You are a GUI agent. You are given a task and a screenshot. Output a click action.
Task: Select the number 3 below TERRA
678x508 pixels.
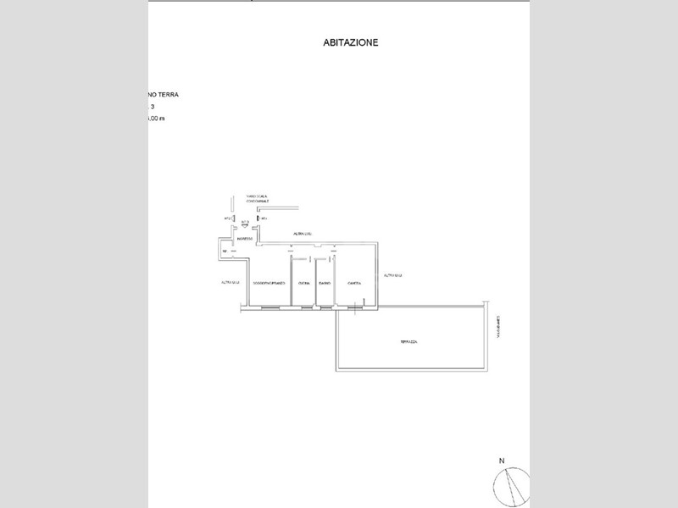tap(153, 108)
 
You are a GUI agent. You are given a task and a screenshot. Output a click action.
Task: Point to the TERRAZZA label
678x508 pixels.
tap(409, 341)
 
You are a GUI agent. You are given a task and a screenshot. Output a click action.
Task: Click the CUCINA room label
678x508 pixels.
tap(303, 283)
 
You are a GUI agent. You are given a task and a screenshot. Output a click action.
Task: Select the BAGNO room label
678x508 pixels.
tap(324, 283)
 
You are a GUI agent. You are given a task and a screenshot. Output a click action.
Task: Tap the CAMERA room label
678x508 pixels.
tap(355, 283)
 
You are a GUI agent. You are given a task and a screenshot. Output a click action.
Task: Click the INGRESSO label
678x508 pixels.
tap(246, 240)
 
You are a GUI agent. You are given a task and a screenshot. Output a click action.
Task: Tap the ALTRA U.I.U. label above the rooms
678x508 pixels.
tap(303, 232)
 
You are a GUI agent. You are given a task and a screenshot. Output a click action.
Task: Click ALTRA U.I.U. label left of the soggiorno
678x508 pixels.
tap(228, 282)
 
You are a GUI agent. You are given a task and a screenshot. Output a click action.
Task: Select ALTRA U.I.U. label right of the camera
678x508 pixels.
tap(392, 275)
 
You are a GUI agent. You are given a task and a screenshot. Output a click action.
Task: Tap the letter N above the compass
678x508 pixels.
tap(502, 461)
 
